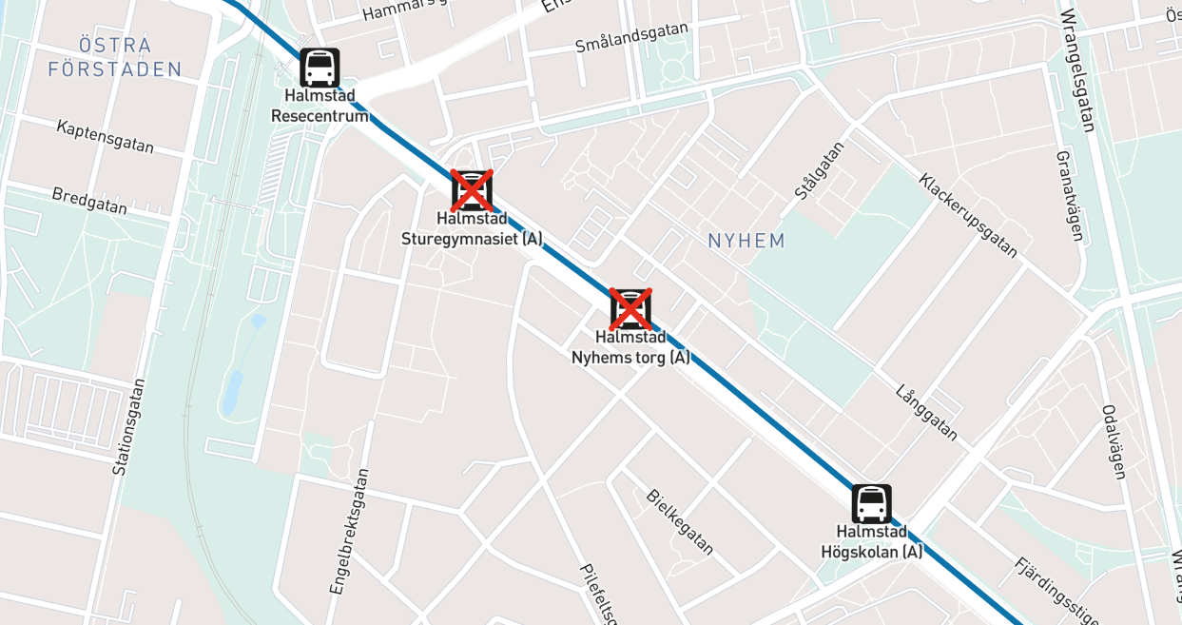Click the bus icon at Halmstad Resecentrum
320,68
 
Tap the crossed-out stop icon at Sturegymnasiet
472,190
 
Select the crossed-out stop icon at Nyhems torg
630,309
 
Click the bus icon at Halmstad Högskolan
871,504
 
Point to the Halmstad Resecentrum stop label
320,106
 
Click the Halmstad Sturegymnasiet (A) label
472,228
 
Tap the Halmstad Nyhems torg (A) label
630,347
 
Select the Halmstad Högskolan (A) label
871,541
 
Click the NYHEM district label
746,241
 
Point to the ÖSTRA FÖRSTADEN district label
115,57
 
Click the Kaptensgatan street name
105,136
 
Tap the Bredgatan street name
89,201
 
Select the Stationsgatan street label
129,427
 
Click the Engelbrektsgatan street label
349,531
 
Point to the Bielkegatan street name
679,521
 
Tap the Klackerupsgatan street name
968,215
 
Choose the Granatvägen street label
1069,195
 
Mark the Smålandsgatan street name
631,37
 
